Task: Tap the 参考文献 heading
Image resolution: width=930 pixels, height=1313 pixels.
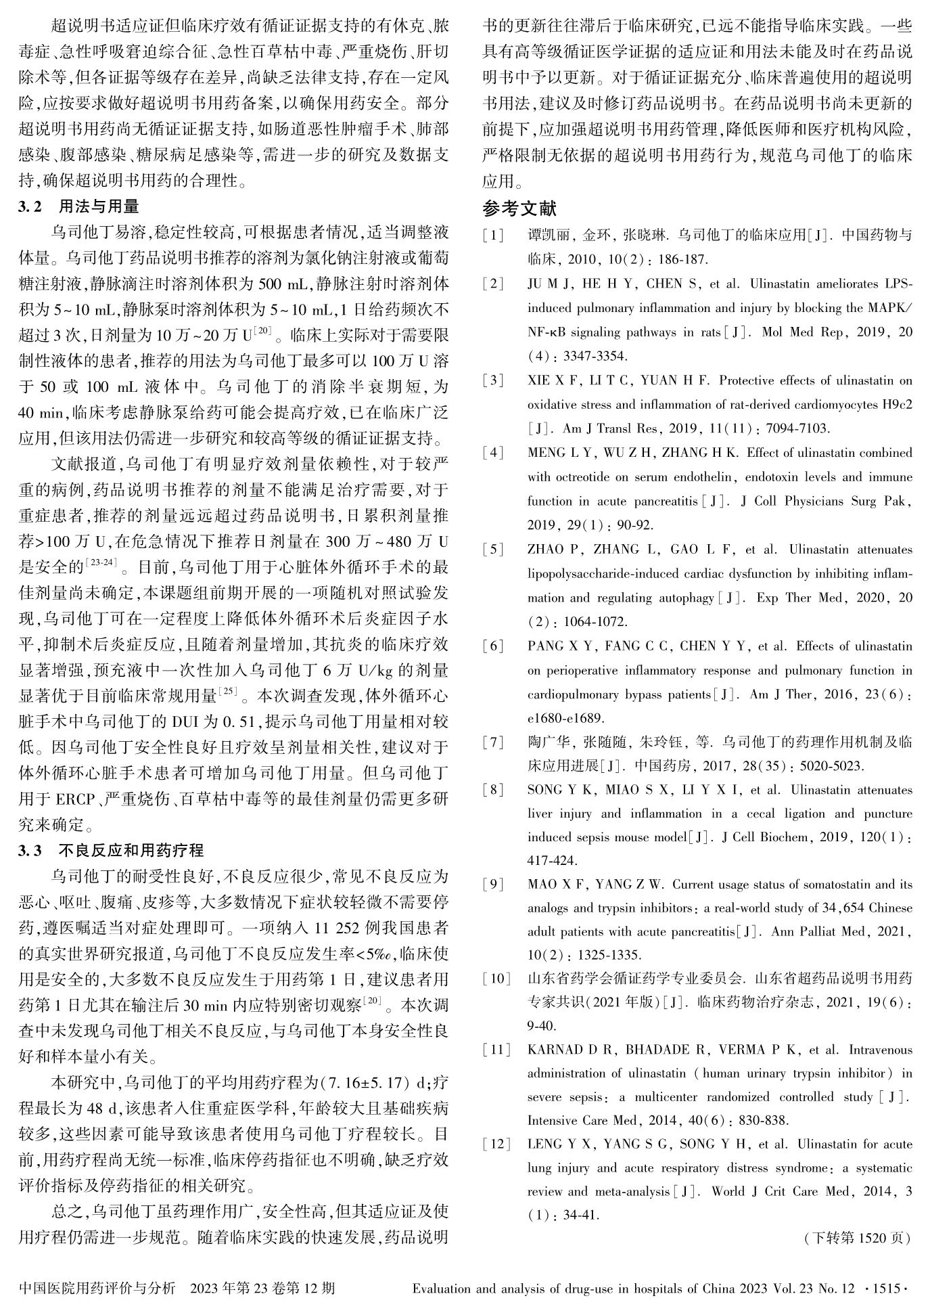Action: point(519,208)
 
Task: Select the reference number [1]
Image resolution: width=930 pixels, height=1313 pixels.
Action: point(493,236)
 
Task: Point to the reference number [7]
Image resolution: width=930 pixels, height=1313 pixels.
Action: point(493,742)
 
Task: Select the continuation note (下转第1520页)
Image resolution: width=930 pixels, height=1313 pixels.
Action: point(857,1238)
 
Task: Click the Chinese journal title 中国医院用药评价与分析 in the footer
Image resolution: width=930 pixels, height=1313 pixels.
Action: point(97,1288)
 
